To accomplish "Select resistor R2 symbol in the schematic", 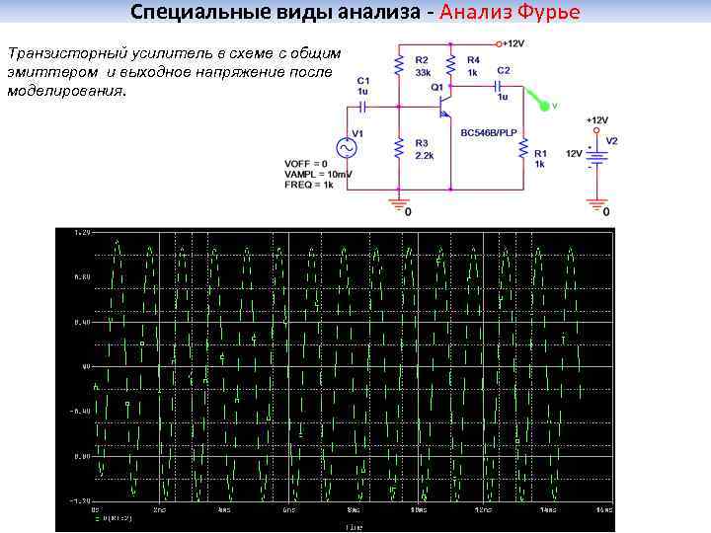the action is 398,65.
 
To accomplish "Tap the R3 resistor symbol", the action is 398,148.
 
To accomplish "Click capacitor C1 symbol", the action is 363,105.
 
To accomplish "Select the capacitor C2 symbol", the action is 493,86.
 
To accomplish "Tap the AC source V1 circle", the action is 347,147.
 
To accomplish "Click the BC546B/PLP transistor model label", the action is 489,131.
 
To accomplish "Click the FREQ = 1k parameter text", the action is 309,185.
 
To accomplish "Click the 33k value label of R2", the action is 422,73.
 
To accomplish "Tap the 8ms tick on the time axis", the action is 353,511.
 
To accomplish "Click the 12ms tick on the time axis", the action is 482,511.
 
